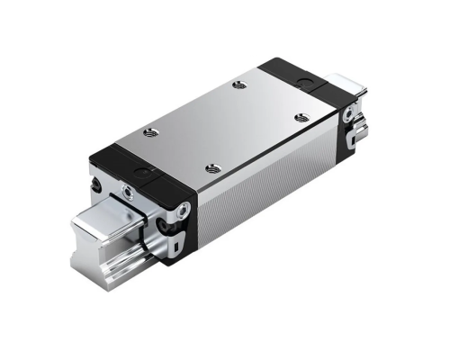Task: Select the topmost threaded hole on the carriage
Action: (x=238, y=85)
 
